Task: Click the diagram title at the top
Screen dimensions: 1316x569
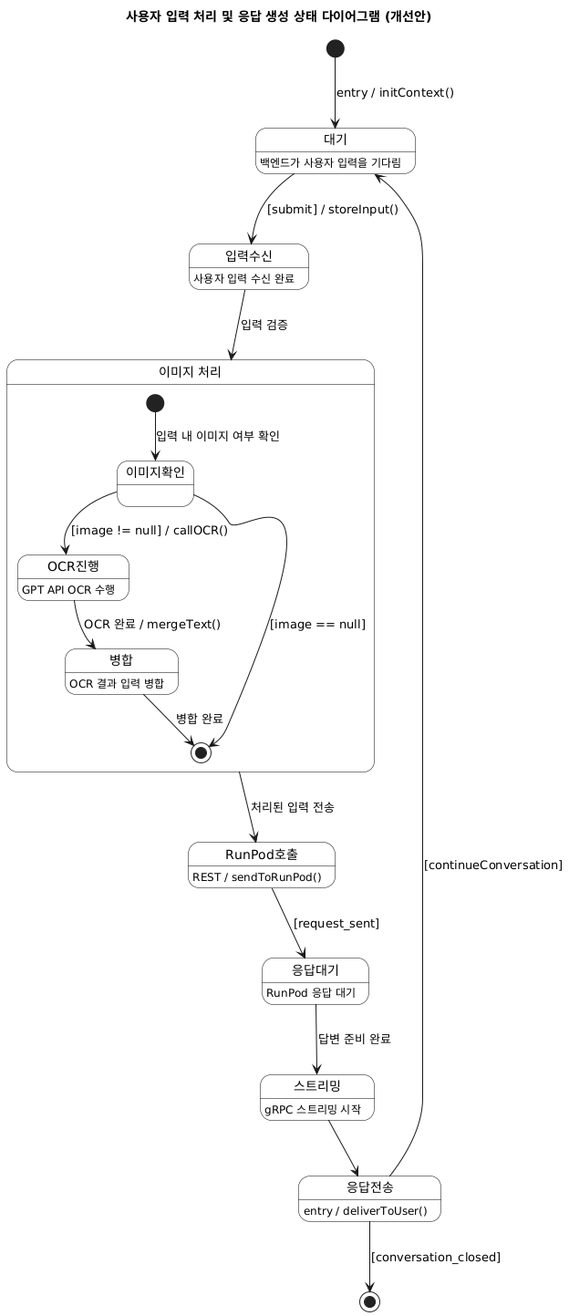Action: point(279,16)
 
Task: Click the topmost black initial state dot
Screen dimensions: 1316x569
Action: point(335,48)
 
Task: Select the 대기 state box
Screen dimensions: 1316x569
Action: point(336,150)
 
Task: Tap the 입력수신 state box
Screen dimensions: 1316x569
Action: point(249,266)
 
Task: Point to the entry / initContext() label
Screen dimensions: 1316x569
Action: point(395,92)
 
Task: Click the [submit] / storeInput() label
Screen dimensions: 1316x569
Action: point(332,210)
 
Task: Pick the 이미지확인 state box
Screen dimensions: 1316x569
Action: point(155,483)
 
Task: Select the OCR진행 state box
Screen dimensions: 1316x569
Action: point(73,578)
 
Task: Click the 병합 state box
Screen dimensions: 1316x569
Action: point(121,671)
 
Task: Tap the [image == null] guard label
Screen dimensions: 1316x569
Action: point(317,625)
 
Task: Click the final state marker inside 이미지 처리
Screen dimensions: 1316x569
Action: point(201,753)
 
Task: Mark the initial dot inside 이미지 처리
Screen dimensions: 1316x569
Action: point(155,403)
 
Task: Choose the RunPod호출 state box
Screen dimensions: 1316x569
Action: point(262,865)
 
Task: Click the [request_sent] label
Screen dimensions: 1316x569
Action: point(336,923)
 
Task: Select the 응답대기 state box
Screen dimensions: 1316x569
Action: point(316,980)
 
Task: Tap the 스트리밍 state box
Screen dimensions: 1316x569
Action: point(316,1097)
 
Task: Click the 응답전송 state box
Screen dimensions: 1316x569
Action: point(369,1198)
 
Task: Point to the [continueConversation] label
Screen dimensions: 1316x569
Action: point(492,865)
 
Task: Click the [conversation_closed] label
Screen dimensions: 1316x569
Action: point(435,1257)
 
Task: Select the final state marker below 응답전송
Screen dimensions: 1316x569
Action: point(369,1300)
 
